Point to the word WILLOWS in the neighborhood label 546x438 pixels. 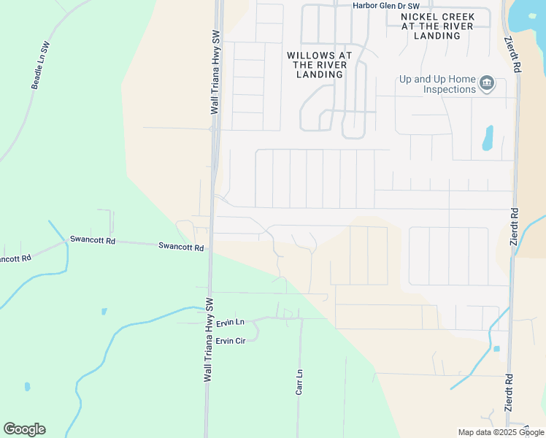pos(309,55)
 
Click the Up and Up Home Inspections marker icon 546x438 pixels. pos(488,85)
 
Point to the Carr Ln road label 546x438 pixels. pos(299,383)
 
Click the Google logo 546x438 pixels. pos(24,429)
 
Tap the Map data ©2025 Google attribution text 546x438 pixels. pos(501,432)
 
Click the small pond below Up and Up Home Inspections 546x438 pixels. pos(488,138)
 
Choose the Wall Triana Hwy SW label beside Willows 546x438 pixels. pos(215,72)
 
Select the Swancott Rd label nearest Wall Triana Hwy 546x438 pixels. pos(180,247)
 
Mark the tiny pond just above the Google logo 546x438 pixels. pos(28,386)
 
